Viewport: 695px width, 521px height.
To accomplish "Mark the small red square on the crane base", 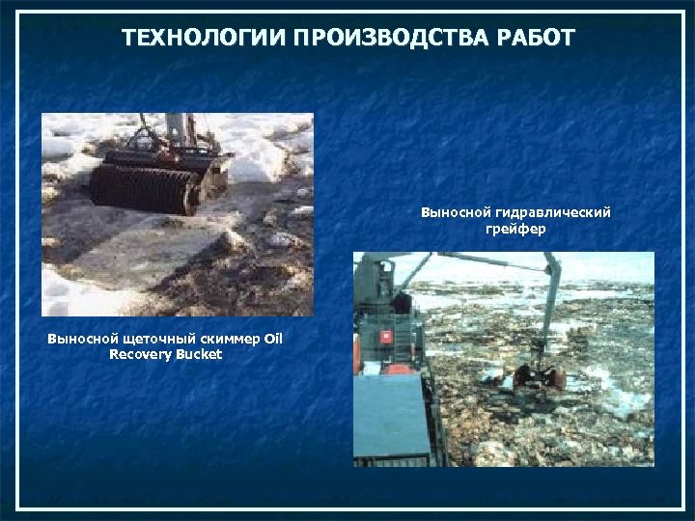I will tap(387, 337).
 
